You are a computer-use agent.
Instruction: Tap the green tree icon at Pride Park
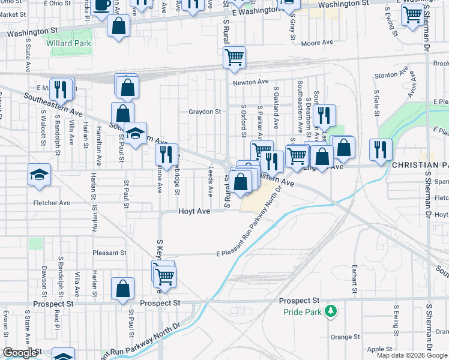coord(330,311)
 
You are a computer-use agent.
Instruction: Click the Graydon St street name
coord(205,112)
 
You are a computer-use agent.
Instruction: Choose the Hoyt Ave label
coord(194,211)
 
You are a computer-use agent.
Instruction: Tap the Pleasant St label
coord(109,253)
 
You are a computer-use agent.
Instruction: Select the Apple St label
coord(379,349)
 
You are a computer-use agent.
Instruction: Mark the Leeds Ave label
coord(211,182)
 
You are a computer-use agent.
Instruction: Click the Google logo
coord(20,353)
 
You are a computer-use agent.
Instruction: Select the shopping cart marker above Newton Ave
coord(234,57)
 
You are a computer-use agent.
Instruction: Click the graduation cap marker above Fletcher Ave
coord(40,175)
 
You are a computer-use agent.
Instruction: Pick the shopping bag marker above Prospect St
coord(122,288)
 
